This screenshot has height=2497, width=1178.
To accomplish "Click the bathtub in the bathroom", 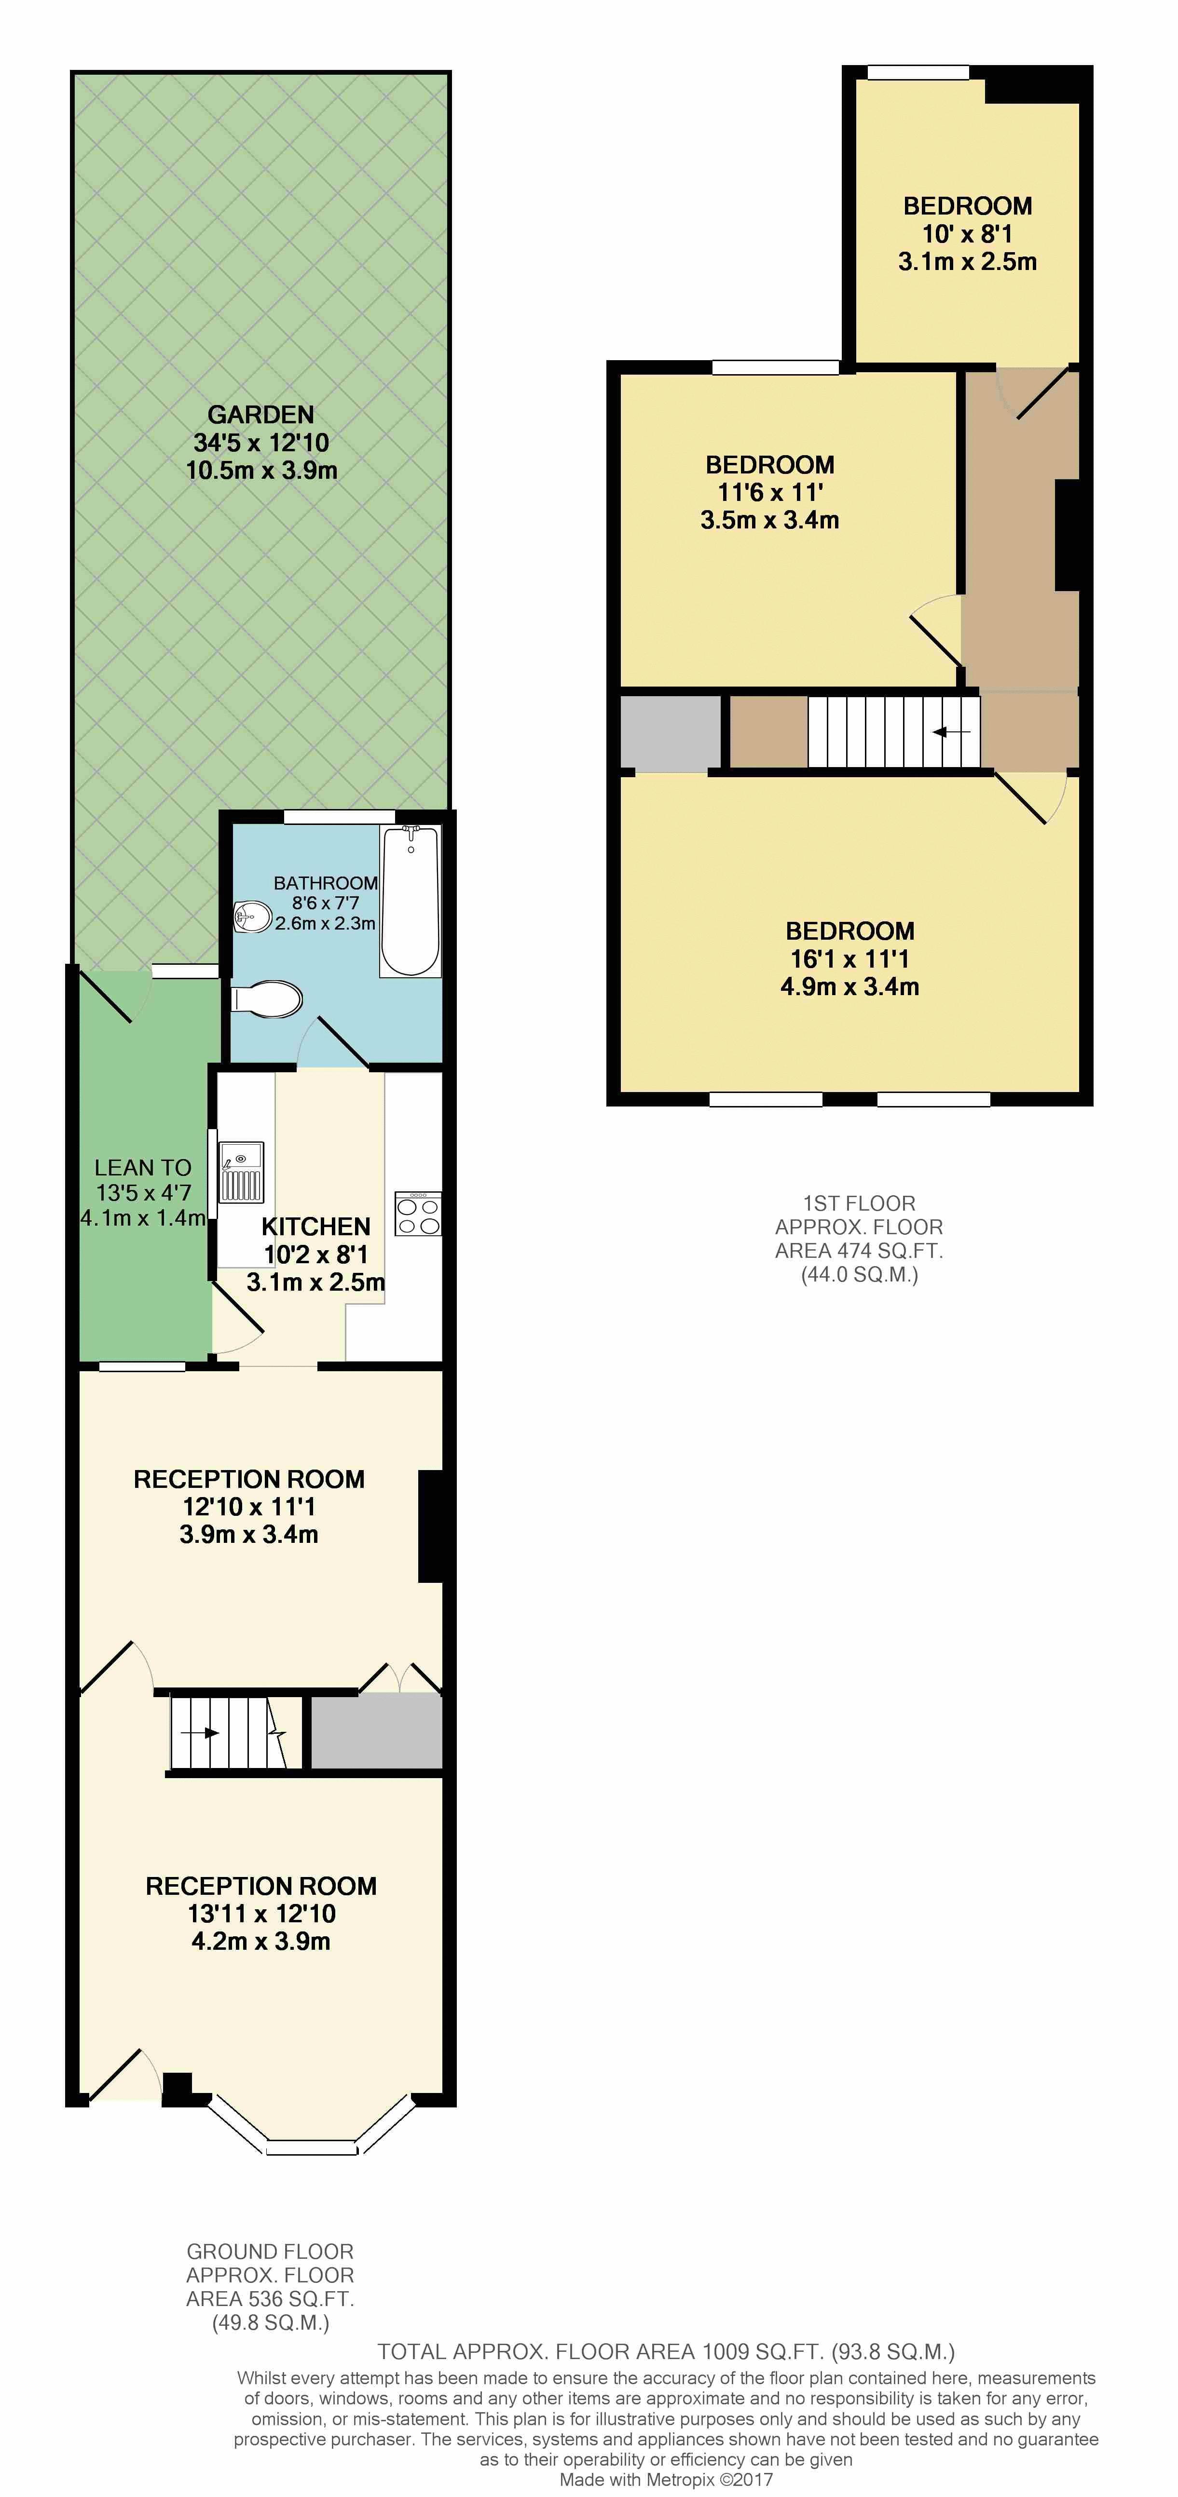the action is [x=410, y=901].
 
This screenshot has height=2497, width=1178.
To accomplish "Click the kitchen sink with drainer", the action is [x=240, y=1172].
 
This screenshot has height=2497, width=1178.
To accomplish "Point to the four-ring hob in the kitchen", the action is [x=418, y=1214].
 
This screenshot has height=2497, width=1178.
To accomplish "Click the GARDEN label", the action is [x=261, y=415].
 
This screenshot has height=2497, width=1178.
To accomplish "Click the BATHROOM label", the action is [x=326, y=883].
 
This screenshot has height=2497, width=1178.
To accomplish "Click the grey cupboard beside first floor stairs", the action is [x=671, y=733].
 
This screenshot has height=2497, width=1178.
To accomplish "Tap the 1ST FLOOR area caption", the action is [x=859, y=1239].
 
